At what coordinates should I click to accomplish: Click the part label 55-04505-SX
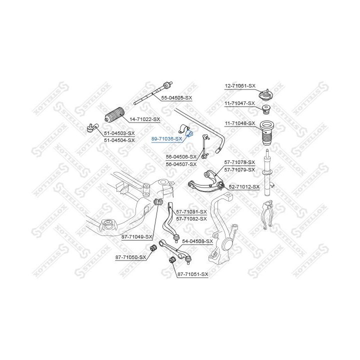coord(177,97)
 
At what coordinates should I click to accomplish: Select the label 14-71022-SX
coord(144,119)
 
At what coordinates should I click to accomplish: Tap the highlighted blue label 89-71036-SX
coord(167,138)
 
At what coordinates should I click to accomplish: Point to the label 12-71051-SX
coord(240,86)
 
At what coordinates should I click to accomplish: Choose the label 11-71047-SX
coord(240,103)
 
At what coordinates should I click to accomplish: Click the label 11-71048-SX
coord(240,123)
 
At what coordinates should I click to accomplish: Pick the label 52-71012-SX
coord(244,186)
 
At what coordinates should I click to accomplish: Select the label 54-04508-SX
coord(197,241)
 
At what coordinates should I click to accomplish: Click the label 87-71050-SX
coord(130,257)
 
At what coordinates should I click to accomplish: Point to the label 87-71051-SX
coord(192,274)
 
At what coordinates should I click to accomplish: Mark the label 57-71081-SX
coord(191,212)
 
